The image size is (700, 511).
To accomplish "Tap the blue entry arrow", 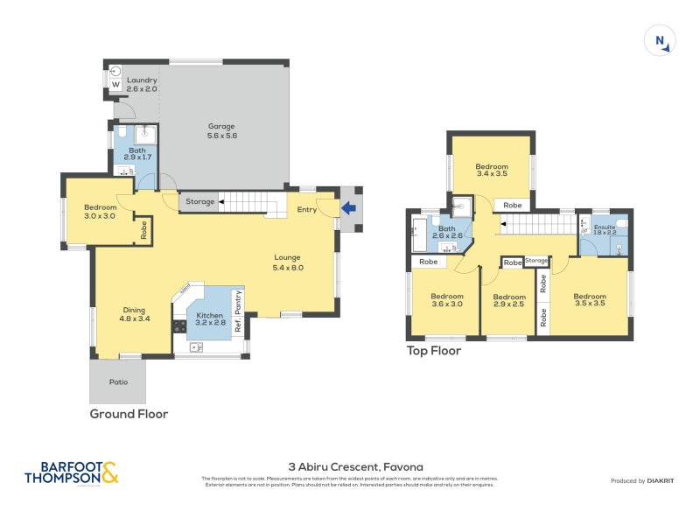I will coord(350,208).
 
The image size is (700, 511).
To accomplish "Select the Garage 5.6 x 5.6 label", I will coord(221,130).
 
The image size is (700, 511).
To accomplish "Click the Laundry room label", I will coord(141,85).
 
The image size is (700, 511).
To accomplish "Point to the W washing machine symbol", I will coord(115,84).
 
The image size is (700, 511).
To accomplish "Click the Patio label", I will coord(117,381).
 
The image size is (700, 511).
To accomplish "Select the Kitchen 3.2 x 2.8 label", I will coord(209,318).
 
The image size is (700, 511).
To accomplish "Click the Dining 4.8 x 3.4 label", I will coord(134,314).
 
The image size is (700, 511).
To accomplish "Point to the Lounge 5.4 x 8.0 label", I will coord(287,262).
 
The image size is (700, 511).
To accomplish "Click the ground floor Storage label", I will coord(199,202).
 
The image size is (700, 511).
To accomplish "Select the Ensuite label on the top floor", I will coord(605,230).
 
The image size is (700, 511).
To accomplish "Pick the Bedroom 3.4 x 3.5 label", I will coord(491,170).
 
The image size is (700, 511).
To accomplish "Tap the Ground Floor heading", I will coord(129,414).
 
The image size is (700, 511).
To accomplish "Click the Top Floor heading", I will coord(433,351).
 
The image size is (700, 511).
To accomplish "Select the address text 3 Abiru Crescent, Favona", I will coord(349,466).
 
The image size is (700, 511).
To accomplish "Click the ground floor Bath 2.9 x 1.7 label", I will coord(137,153).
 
